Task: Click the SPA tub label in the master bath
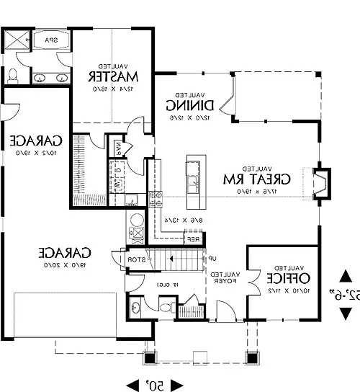click(x=52, y=40)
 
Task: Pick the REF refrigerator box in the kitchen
click(x=192, y=239)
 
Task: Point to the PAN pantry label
click(x=118, y=148)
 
